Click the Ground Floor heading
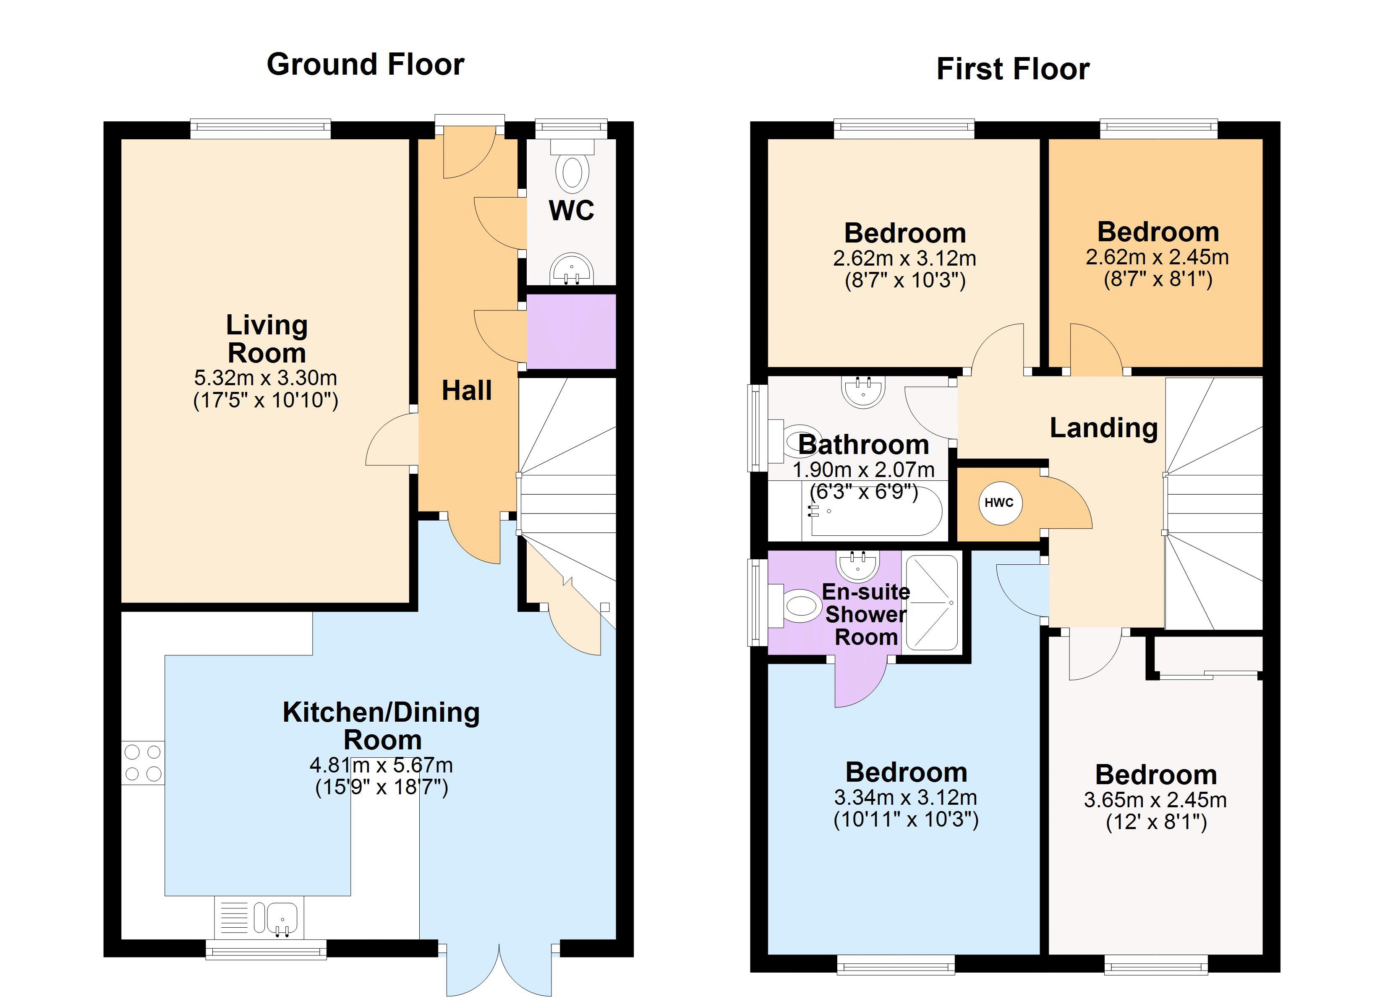365,65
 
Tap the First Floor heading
1012,69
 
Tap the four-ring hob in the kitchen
143,763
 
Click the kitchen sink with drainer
259,918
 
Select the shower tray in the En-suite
932,602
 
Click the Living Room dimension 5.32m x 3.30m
266,378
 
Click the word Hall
467,391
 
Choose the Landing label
1103,428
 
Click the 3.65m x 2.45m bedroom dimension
1155,800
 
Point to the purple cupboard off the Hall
571,331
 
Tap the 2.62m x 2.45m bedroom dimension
1157,257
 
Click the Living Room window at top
260,128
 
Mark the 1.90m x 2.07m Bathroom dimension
863,470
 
